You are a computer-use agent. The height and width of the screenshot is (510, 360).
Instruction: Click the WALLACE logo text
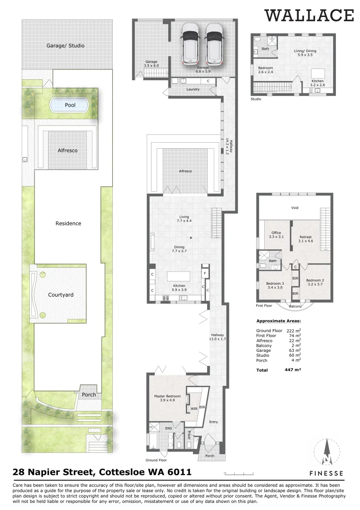click(309, 15)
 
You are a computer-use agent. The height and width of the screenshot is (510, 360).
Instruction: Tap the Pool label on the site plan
click(69, 105)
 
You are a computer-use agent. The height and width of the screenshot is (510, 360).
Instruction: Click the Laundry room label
click(193, 89)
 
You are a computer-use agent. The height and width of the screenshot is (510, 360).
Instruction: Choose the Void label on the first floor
click(294, 208)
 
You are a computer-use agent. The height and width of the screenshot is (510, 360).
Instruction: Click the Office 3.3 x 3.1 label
click(275, 235)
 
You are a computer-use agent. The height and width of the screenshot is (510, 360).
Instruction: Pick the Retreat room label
click(306, 239)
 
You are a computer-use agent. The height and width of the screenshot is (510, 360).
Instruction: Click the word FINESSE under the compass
click(326, 473)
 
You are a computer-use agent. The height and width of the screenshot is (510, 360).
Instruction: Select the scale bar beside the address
click(234, 472)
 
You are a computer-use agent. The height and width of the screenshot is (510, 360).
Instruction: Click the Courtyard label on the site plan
click(61, 295)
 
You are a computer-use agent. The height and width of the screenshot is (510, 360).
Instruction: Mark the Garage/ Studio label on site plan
click(66, 46)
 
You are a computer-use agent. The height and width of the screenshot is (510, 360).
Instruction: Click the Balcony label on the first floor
click(295, 306)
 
